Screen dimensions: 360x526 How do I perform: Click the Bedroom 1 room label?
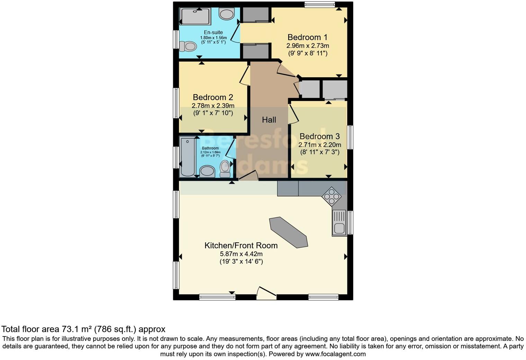[x=307, y=37]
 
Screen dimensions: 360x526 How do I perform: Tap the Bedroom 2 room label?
[x=213, y=97]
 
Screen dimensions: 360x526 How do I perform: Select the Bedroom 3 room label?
[x=319, y=136]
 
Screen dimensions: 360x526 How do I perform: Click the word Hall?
[x=269, y=120]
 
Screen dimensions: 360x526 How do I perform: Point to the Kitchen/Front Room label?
[x=241, y=245]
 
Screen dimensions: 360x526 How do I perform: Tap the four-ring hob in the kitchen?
[x=332, y=197]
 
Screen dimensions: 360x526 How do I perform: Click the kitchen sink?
[x=339, y=223]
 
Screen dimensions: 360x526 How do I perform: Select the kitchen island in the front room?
[x=288, y=232]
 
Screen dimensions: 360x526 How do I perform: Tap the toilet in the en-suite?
[x=188, y=46]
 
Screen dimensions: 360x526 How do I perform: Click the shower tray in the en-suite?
[x=196, y=17]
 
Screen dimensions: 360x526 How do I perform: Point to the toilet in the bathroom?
[x=225, y=168]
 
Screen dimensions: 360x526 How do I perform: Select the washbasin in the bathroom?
[x=207, y=171]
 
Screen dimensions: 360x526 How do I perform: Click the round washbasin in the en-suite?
[x=227, y=14]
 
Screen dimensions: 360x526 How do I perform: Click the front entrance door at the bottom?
[x=266, y=294]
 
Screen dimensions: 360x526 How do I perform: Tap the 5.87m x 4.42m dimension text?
[x=241, y=254]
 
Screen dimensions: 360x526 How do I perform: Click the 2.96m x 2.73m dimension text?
[x=307, y=45]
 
